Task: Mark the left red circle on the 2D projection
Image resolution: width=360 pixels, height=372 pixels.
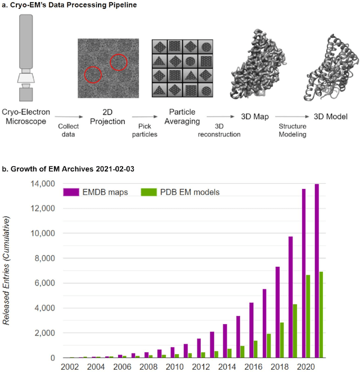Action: click(93, 74)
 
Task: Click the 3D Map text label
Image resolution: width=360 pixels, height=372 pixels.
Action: click(254, 116)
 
